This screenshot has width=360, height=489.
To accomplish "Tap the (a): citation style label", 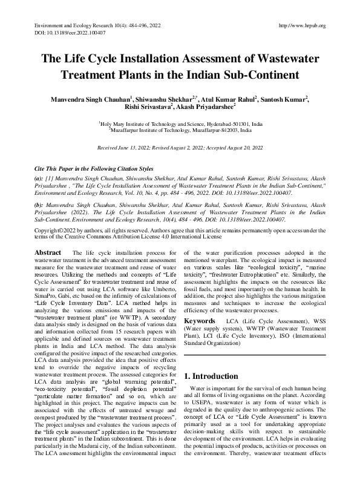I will (x=40, y=179).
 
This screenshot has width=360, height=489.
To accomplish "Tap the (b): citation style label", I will (x=40, y=206).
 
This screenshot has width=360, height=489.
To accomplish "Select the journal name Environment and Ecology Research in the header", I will (x=73, y=25).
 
